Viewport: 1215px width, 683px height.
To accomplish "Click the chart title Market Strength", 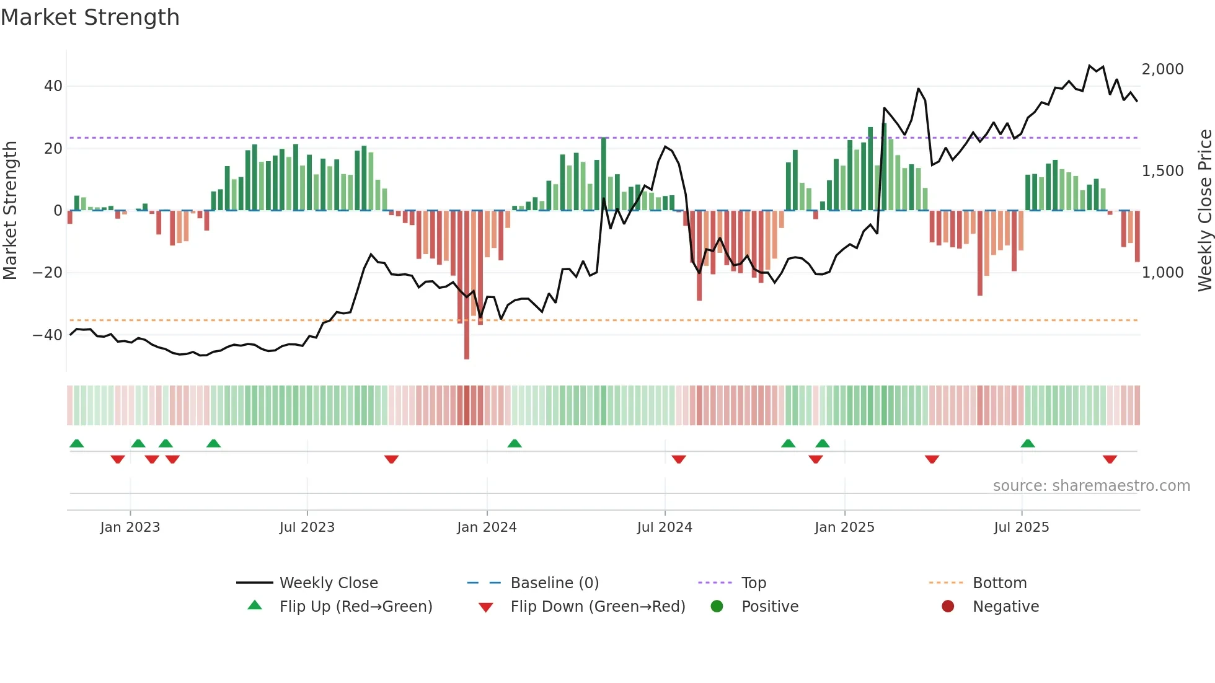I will click(x=90, y=17).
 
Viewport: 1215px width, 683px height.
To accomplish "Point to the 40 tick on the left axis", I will click(x=53, y=86).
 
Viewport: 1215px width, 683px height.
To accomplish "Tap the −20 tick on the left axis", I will click(x=48, y=273).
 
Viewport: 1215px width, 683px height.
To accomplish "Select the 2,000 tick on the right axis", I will click(x=1162, y=69).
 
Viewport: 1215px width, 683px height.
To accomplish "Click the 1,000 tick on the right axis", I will click(x=1162, y=273).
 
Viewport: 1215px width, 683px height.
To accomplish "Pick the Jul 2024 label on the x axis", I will click(x=664, y=527).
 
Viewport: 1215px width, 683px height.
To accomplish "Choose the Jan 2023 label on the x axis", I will click(x=130, y=527).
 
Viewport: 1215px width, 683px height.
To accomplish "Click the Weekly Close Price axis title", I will click(x=1204, y=211).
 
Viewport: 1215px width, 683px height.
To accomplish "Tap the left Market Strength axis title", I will click(x=10, y=211).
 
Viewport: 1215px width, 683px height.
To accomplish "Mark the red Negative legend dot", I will click(x=948, y=607).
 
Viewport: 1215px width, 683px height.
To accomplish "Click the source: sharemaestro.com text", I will click(x=1091, y=486).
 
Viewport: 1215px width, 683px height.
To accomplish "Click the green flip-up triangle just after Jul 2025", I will click(x=1028, y=444).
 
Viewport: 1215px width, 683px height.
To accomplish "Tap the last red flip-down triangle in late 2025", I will click(x=1110, y=459).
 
